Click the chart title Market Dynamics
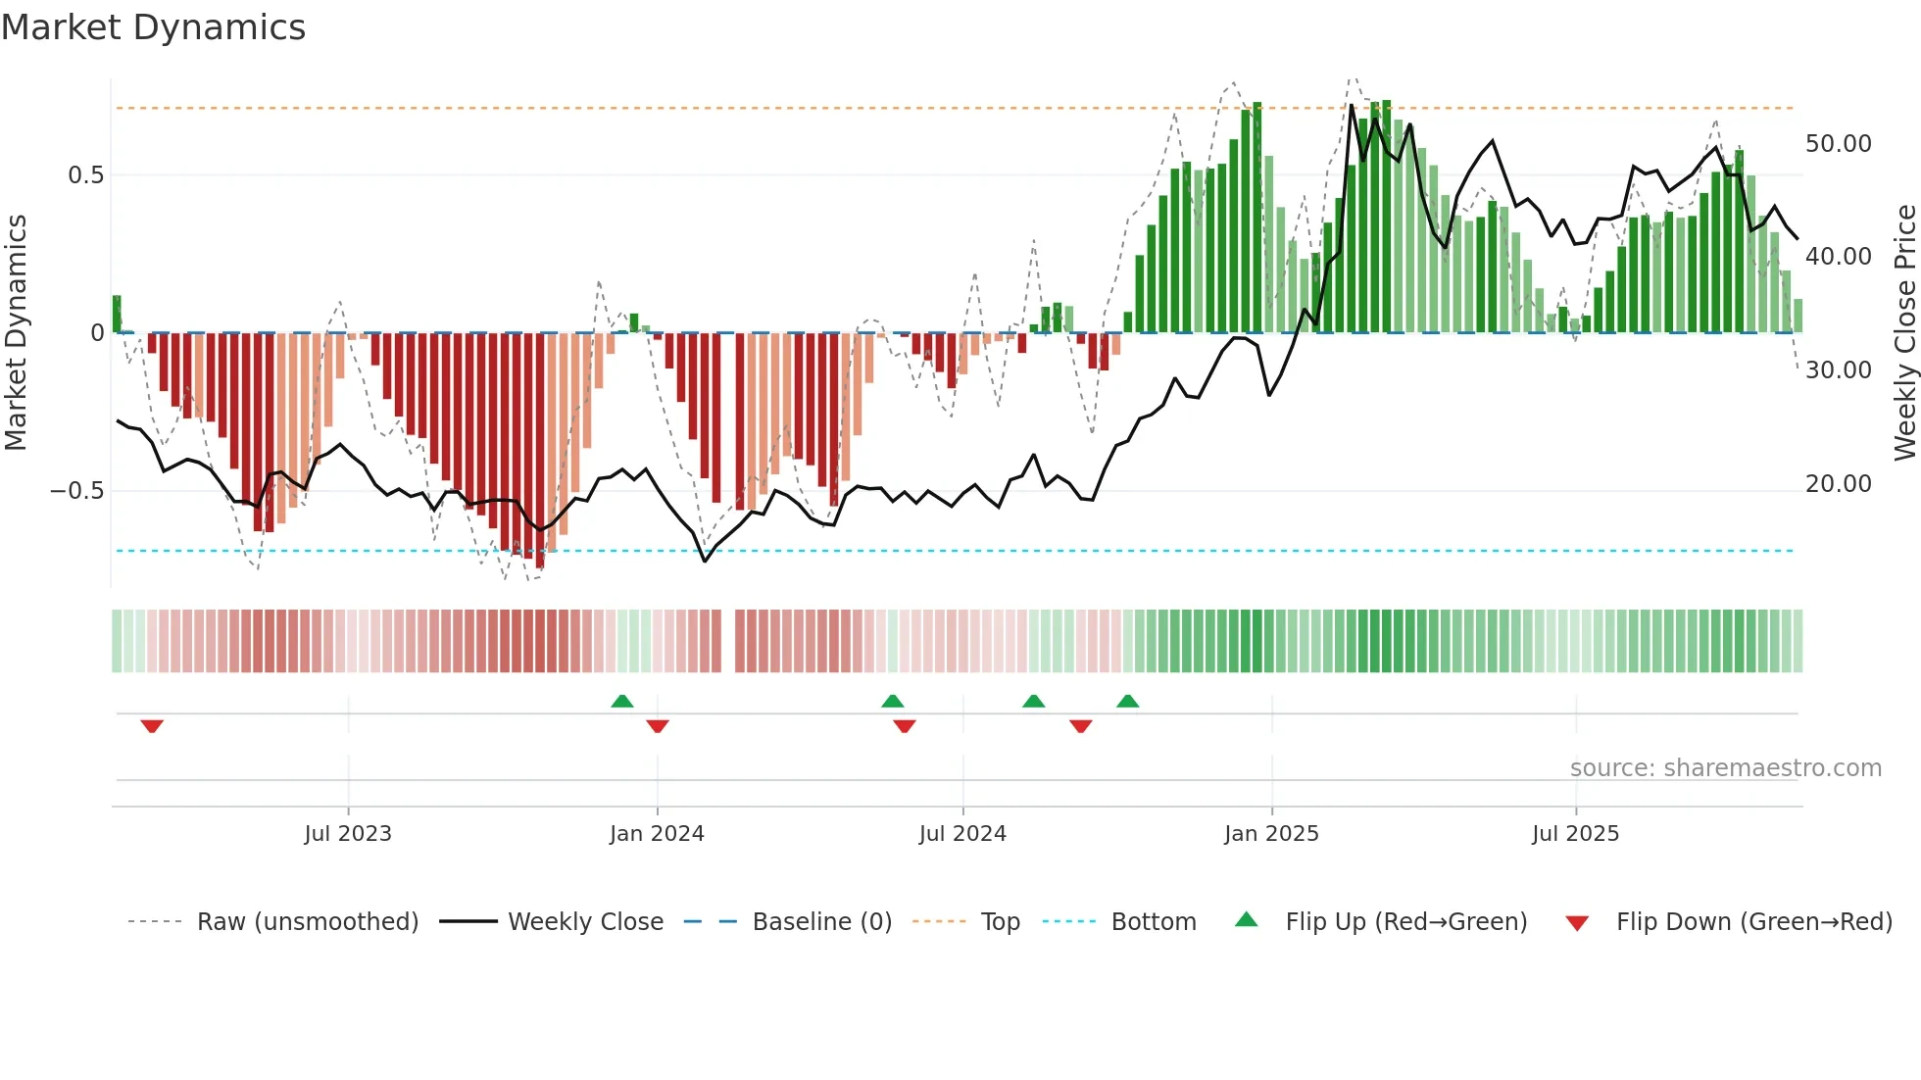153,27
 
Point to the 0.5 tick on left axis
85,175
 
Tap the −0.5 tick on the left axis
77,491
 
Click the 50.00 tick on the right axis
1838,144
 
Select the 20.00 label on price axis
1838,484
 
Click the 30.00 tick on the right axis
1838,370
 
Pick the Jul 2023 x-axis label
348,834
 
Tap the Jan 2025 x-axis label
1271,834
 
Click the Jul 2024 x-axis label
962,834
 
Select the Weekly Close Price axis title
1904,333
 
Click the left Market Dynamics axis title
16,333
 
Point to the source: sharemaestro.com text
1725,768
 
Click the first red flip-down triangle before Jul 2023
152,726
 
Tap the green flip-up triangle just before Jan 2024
622,701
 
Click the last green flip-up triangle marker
1128,701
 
